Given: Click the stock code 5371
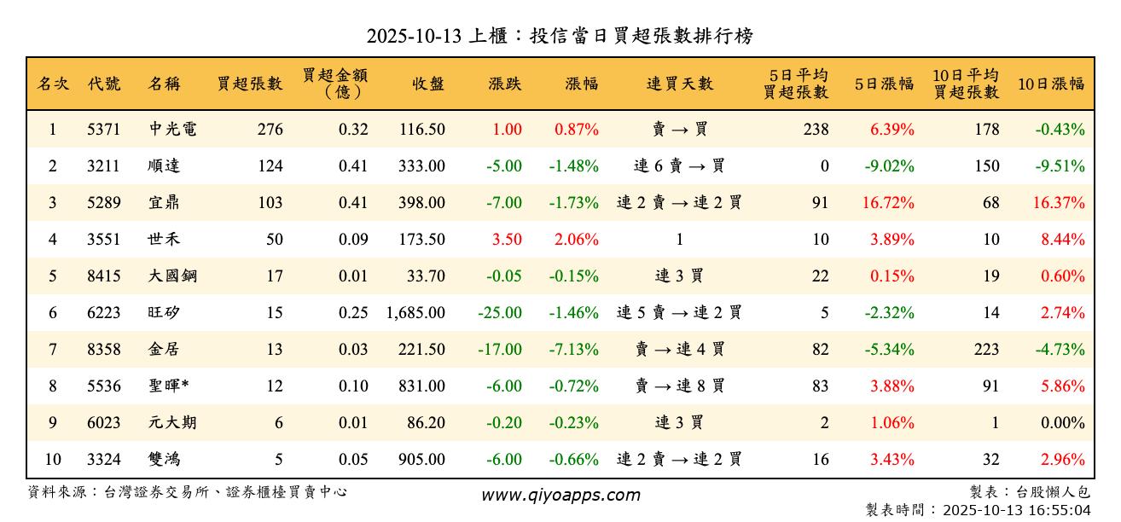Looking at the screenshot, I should pyautogui.click(x=104, y=130).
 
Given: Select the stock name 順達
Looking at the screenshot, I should pyautogui.click(x=164, y=166).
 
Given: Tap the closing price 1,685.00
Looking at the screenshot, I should pyautogui.click(x=415, y=313).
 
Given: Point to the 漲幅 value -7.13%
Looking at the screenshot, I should pyautogui.click(x=576, y=350).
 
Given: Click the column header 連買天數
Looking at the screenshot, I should pyautogui.click(x=679, y=84).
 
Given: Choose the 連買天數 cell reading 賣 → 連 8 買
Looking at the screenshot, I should pyautogui.click(x=679, y=386).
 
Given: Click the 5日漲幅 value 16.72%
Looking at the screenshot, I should pyautogui.click(x=892, y=203).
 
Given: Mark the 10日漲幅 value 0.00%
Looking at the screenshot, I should pyautogui.click(x=1063, y=423).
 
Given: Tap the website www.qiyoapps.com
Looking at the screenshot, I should pyautogui.click(x=560, y=496).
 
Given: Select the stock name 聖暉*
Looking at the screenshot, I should pyautogui.click(x=168, y=386).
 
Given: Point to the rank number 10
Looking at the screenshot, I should pyautogui.click(x=53, y=460).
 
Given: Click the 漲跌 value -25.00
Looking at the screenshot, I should pyautogui.click(x=500, y=313).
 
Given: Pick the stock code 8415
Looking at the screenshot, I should pyautogui.click(x=104, y=276).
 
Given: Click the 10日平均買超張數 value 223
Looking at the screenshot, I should pyautogui.click(x=986, y=350).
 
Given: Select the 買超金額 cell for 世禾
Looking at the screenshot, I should pyautogui.click(x=353, y=240).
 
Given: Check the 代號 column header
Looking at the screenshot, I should pyautogui.click(x=104, y=84).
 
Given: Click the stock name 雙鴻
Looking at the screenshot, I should pyautogui.click(x=164, y=460).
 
